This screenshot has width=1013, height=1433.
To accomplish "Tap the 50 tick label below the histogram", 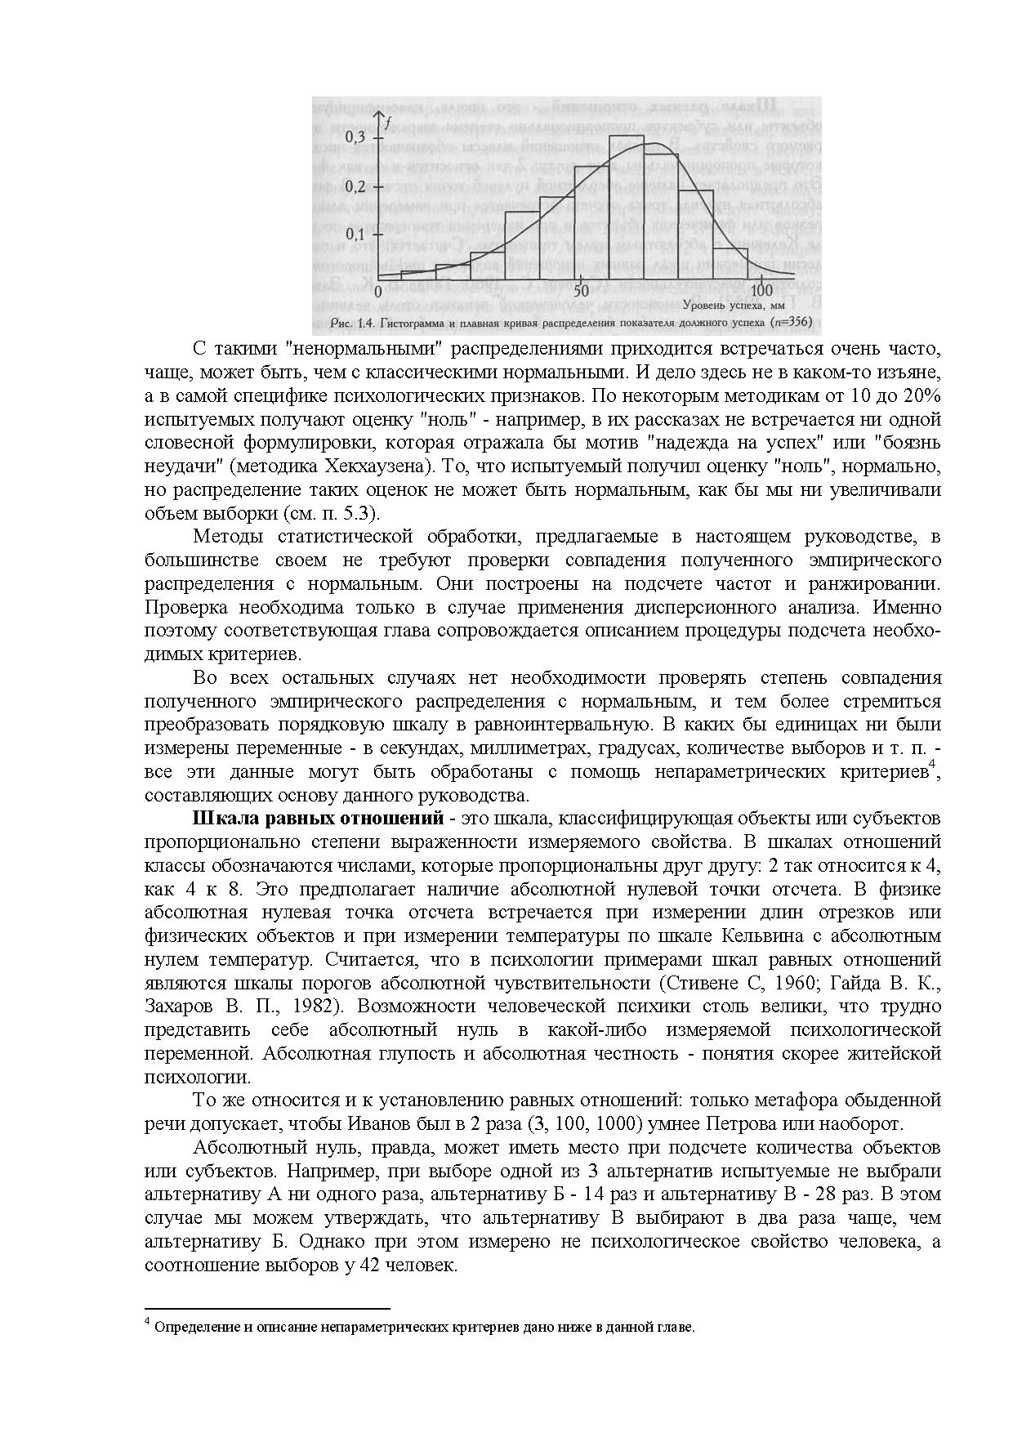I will tap(582, 292).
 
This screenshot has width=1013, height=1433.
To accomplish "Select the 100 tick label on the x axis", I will tap(761, 292).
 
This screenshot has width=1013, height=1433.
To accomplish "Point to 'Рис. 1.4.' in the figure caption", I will tap(353, 322).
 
